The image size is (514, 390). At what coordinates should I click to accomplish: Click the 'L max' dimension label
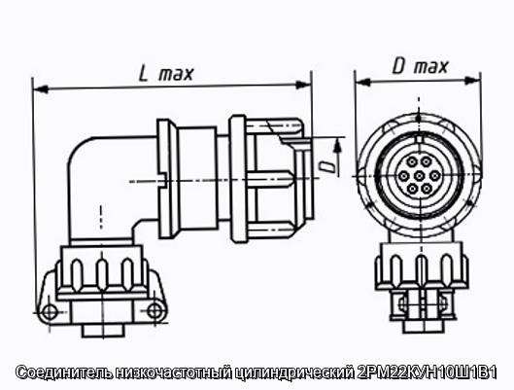point(166,74)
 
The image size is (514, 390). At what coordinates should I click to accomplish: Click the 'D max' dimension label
point(420,66)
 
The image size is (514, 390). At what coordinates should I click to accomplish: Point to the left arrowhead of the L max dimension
point(41,89)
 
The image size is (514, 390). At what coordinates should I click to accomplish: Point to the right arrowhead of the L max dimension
point(303,85)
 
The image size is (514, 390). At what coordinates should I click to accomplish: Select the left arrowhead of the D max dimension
point(362,82)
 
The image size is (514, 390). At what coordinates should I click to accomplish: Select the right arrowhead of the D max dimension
point(472,80)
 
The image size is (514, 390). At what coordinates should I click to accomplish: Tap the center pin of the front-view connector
point(419,176)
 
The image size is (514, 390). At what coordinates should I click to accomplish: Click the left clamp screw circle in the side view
point(50,312)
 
